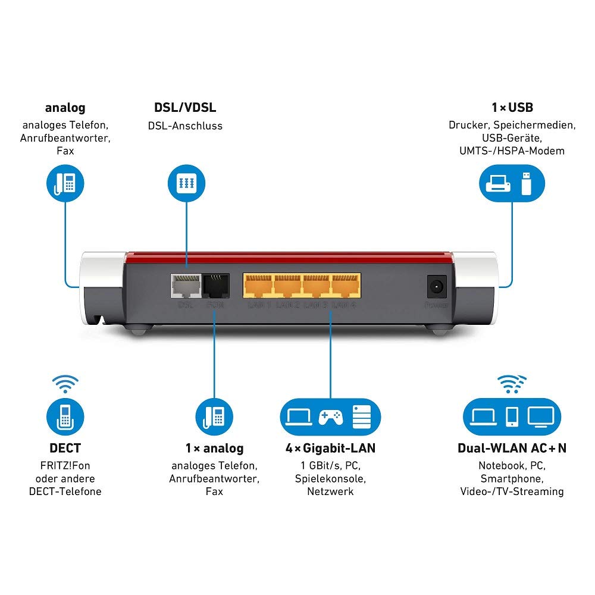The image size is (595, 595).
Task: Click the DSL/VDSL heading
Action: click(x=185, y=108)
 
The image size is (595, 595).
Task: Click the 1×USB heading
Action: click(x=512, y=108)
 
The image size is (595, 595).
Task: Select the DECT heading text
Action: click(x=65, y=448)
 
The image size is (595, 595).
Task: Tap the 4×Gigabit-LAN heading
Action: click(x=330, y=448)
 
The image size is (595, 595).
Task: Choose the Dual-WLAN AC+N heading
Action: click(x=512, y=448)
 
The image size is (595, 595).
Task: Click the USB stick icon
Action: click(x=525, y=183)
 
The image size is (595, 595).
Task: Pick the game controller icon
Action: click(x=330, y=416)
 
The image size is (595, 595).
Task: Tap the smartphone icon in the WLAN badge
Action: click(x=511, y=416)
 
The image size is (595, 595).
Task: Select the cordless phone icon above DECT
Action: click(x=65, y=416)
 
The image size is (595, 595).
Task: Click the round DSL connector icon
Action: click(x=185, y=182)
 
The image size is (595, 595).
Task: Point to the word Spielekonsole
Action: click(x=330, y=478)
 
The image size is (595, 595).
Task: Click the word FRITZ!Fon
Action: click(x=65, y=465)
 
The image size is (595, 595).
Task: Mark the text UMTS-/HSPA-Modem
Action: click(x=512, y=151)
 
